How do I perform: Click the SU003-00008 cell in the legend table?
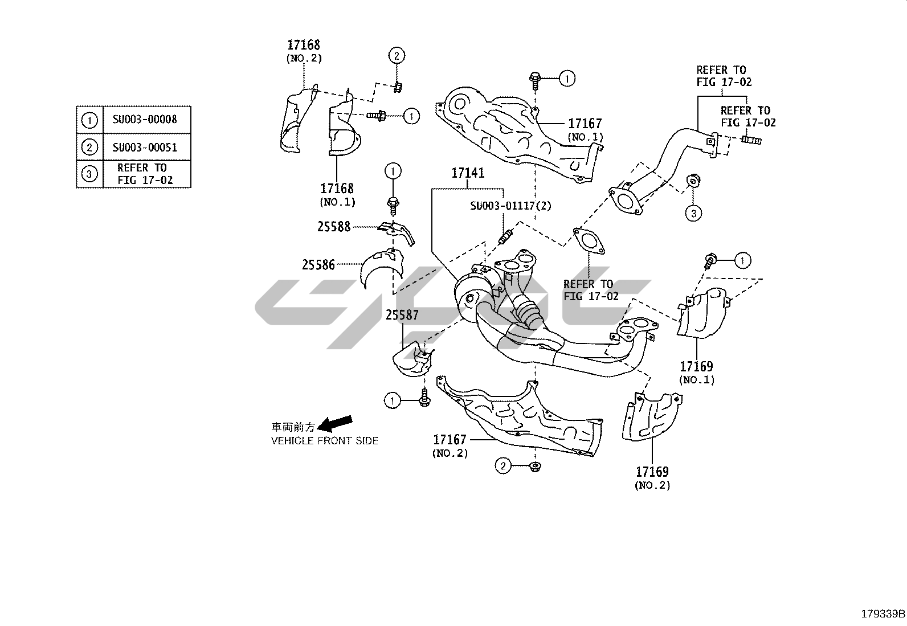point(145,120)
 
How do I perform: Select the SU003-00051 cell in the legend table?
point(145,148)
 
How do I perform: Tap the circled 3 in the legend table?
point(89,174)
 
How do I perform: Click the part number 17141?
point(468,173)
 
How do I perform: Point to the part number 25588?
point(334,227)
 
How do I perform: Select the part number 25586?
point(318,264)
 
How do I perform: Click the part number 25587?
point(402,314)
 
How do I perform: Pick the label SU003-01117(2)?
point(510,206)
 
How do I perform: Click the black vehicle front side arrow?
point(334,424)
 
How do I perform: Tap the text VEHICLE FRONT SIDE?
point(324,441)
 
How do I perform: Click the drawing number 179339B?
point(883,614)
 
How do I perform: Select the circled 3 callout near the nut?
point(693,214)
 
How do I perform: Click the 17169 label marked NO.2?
point(652,472)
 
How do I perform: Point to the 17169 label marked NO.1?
point(696,366)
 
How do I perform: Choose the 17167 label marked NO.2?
point(450,440)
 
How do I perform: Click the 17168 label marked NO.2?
point(304,45)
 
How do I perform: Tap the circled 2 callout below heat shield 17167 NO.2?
point(502,467)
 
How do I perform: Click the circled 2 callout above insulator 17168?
point(397,55)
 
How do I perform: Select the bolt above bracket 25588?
point(393,202)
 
